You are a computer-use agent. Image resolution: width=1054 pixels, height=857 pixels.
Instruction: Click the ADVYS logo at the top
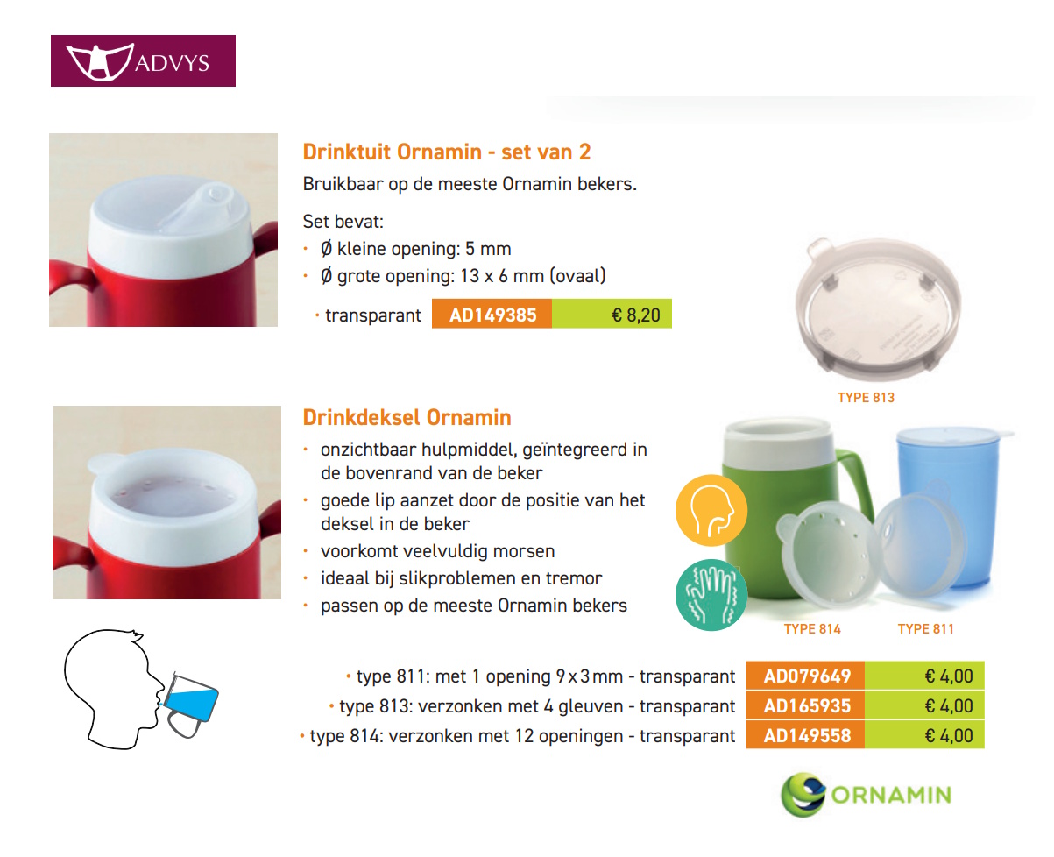point(143,60)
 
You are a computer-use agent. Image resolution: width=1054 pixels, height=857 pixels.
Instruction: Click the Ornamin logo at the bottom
point(866,794)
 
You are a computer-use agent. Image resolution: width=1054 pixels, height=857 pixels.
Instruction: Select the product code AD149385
point(492,315)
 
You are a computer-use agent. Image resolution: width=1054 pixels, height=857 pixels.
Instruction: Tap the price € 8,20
point(636,315)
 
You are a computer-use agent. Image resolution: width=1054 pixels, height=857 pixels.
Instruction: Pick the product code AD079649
point(806,676)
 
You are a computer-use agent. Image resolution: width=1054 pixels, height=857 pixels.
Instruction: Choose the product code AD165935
point(806,705)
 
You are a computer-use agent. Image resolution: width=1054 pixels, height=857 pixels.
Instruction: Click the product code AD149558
point(806,735)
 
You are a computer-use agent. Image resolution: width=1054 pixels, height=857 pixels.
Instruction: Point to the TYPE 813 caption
point(866,397)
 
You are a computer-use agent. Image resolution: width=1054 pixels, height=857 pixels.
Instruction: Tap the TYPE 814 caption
point(812,628)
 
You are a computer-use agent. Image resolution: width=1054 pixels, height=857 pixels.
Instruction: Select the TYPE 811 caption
point(925,628)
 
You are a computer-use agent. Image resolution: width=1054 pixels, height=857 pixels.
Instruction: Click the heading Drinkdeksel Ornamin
point(407,417)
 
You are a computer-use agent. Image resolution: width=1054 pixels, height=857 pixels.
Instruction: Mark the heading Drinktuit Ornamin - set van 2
point(447,152)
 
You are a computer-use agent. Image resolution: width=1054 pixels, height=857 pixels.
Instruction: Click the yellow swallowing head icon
point(711,511)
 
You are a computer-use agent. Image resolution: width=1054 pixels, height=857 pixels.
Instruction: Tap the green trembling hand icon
point(711,594)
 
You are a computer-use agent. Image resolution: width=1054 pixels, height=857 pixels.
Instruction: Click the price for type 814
point(949,735)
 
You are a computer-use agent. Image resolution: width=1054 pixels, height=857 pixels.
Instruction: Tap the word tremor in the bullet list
point(577,578)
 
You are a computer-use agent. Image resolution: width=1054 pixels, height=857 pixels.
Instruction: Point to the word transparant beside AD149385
point(373,315)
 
